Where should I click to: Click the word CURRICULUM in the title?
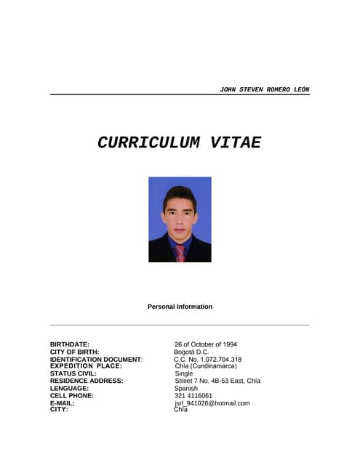[150, 142]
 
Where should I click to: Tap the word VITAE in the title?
[235, 142]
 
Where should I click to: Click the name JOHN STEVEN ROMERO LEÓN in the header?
[264, 89]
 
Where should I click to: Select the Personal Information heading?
[180, 307]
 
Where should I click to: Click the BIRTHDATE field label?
[70, 344]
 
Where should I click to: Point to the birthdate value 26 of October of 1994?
[206, 344]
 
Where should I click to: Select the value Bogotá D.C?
[191, 352]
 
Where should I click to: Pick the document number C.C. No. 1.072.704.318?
[208, 360]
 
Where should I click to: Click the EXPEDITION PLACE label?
[86, 366]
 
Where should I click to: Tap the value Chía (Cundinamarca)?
[206, 366]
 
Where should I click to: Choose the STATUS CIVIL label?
[73, 373]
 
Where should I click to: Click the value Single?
[184, 373]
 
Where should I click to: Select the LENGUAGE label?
[69, 388]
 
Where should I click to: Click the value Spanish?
[186, 388]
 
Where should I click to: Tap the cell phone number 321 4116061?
[193, 395]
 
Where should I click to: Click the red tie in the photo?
[180, 253]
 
